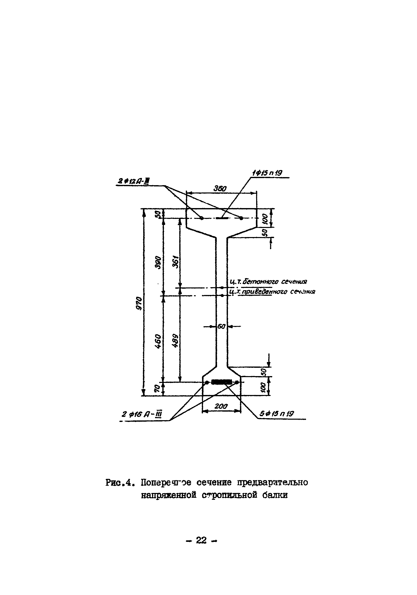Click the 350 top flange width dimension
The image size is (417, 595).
[220, 189]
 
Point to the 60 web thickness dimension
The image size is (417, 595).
[221, 326]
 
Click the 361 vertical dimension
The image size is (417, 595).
[175, 262]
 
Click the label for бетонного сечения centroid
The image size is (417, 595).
[269, 282]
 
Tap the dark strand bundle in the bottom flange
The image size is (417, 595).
[221, 382]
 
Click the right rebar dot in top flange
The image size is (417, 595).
[241, 218]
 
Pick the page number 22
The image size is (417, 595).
[201, 540]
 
